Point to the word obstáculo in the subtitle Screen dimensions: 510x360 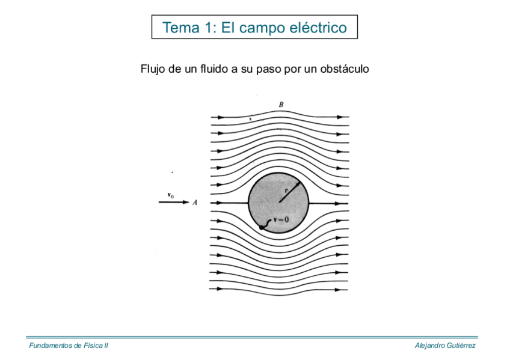point(344,69)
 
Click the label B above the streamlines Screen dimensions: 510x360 point(281,105)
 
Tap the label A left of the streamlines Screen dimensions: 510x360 point(195,203)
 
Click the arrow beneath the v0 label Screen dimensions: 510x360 point(173,203)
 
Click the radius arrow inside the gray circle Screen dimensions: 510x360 point(289,192)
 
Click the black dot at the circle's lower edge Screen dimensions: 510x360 point(263,228)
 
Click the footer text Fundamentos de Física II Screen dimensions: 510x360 point(69,346)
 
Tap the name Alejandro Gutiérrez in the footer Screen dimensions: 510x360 point(446,346)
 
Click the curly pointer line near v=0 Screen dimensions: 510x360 point(268,223)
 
